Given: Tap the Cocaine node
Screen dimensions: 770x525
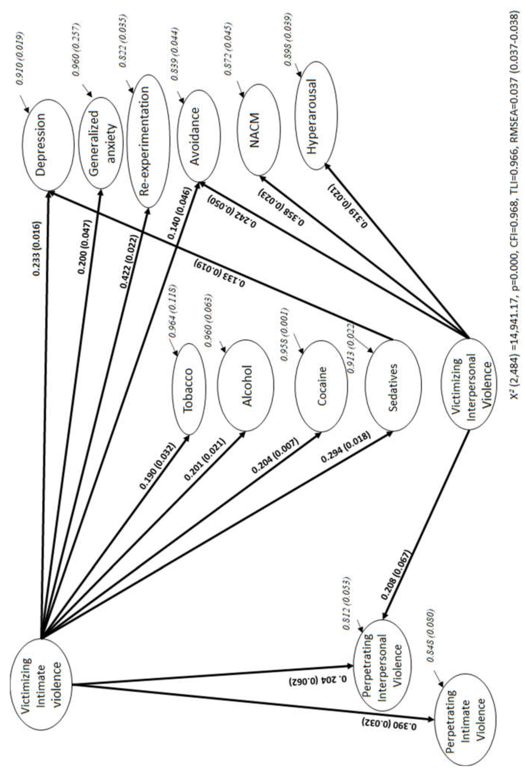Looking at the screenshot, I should [321, 386].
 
